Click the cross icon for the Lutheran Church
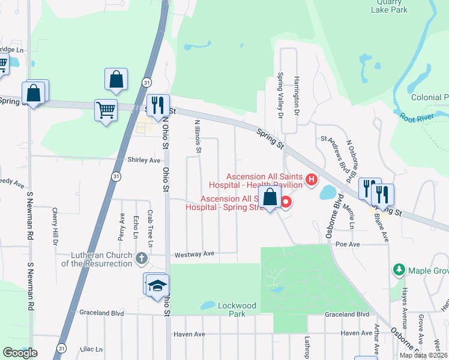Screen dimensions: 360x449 [x=141, y=259]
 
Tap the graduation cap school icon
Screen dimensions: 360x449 [x=157, y=284]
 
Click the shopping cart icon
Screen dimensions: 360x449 [x=106, y=110]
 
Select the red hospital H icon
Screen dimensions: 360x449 [x=311, y=179]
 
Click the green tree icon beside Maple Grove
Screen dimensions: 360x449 [x=397, y=271]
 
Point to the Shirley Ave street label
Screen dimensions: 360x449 [x=144, y=160]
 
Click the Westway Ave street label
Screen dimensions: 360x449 [x=194, y=255]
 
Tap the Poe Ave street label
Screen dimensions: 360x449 [x=348, y=245]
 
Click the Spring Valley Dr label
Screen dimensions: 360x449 [x=280, y=93]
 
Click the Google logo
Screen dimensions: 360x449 [x=20, y=353]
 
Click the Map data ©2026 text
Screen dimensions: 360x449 [x=423, y=355]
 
